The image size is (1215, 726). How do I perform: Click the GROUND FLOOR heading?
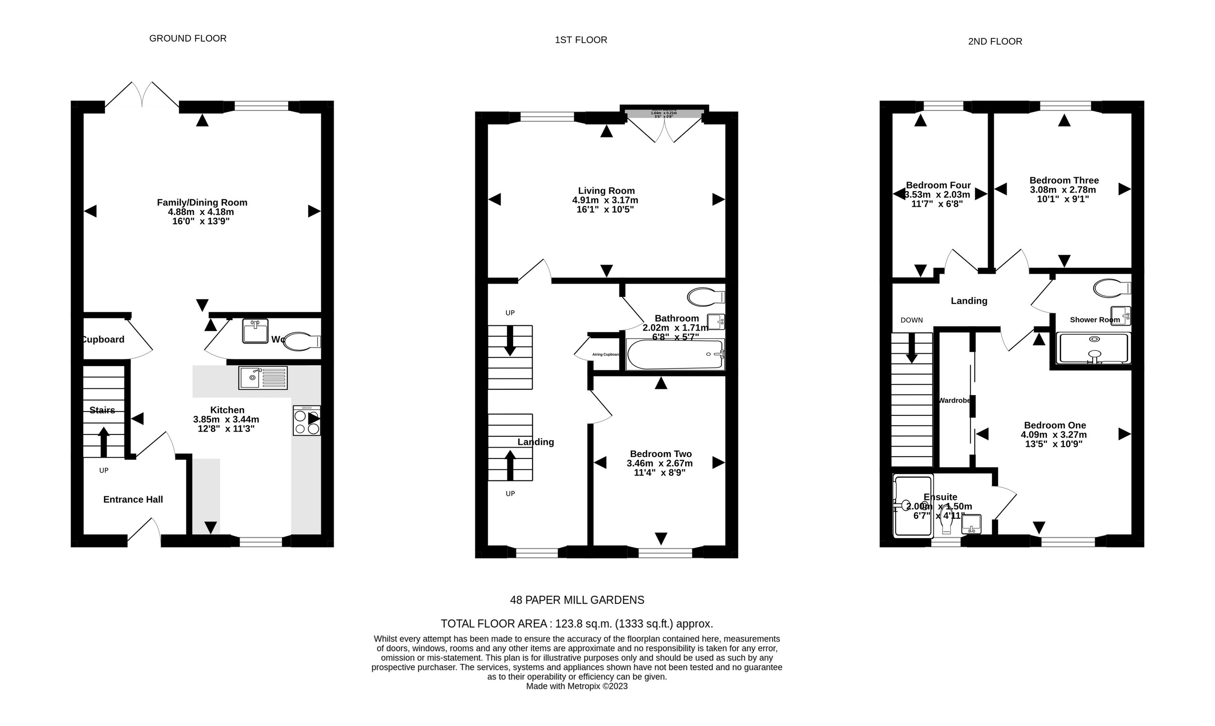187,38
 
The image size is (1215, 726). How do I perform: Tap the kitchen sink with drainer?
263,377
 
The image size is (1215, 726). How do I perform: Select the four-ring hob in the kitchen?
307,420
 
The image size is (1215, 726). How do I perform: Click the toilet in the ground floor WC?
301,341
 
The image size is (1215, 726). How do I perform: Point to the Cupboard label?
103,340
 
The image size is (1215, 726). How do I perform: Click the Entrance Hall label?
133,499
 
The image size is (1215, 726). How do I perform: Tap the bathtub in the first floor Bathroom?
674,355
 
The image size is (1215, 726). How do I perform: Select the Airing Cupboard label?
606,354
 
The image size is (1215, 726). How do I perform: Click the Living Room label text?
606,191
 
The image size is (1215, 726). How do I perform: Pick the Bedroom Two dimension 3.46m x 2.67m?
659,463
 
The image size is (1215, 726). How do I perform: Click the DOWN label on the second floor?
912,320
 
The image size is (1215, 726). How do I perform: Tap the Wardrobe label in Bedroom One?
954,400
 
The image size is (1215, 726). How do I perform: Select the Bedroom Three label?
1064,181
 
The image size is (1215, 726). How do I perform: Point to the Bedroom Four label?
938,185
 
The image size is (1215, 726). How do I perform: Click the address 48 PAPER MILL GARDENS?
577,600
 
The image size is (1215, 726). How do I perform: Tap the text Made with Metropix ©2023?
577,686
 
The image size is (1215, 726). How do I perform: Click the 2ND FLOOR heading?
995,42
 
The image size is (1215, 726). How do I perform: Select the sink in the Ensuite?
971,524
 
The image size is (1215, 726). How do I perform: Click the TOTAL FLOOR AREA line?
577,624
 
